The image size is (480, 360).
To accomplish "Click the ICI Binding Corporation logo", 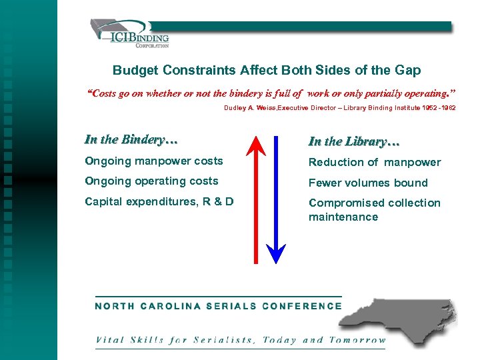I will pos(130,33).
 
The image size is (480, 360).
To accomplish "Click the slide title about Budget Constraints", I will pos(267,70).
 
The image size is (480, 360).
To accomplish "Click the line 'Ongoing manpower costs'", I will pos(153,161).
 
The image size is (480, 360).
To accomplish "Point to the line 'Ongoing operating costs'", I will pos(151,181).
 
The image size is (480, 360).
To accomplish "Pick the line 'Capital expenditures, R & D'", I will pos(159,201).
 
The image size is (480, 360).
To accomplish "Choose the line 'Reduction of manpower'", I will pos(374,162).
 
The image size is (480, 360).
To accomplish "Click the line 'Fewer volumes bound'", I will pos(367,183).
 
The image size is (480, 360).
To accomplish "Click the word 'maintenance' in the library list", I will pos(342,217).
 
